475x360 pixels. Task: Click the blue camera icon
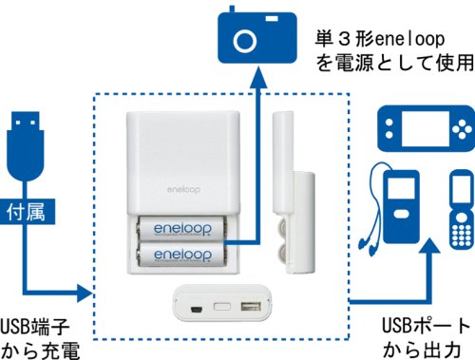257,35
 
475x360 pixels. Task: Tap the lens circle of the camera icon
245,41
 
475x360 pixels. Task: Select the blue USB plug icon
26,146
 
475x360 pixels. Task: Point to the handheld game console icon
426,128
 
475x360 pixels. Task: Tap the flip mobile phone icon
462,209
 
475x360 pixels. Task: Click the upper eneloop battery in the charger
182,228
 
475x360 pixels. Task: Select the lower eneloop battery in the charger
182,255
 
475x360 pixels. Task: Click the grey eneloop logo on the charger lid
183,189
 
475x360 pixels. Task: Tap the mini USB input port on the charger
197,309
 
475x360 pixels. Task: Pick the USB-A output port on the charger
251,307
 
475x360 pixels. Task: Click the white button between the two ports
222,307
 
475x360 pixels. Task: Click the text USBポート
426,326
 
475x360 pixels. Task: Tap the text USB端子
35,326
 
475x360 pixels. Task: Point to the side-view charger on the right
294,193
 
